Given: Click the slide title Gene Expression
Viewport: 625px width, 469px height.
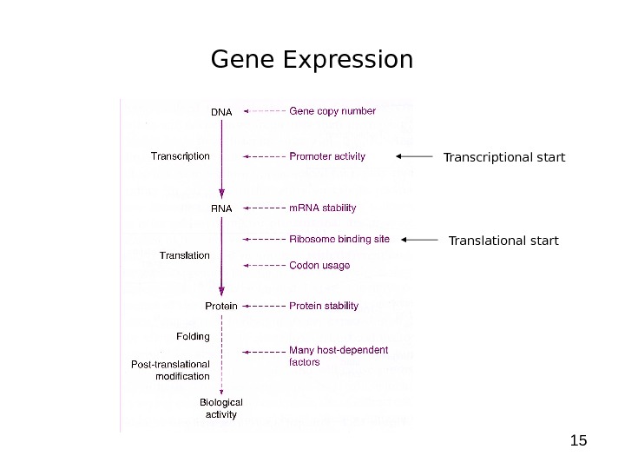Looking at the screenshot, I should click(312, 60).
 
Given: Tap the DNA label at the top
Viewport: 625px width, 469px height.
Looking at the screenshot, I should click(221, 112).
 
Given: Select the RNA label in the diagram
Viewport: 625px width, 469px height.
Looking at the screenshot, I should click(221, 209).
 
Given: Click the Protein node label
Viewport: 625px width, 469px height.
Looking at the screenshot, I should click(221, 306).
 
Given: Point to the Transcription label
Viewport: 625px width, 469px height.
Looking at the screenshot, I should click(181, 156).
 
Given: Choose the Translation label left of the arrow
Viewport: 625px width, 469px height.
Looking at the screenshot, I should click(185, 255).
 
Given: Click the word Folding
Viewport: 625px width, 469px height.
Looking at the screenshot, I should click(193, 335).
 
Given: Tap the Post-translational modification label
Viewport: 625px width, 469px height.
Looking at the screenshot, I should click(170, 370).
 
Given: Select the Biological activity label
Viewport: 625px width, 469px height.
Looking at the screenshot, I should click(221, 408).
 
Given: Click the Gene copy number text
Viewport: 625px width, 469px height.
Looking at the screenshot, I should click(332, 111).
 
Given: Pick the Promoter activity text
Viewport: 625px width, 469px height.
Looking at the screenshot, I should click(327, 156).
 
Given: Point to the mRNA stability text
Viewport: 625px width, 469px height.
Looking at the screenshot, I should click(322, 208).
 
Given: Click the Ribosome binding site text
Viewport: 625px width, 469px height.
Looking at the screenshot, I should click(339, 239).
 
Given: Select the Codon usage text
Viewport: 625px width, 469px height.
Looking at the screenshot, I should click(319, 265).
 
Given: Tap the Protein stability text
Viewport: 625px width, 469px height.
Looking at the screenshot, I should click(324, 306).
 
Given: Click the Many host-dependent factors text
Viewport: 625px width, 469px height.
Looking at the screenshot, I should click(339, 356).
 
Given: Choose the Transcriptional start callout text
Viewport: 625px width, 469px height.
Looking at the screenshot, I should click(503, 157).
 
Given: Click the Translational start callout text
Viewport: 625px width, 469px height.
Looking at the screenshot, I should click(503, 240).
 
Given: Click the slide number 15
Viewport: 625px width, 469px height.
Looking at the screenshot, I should click(578, 440).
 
